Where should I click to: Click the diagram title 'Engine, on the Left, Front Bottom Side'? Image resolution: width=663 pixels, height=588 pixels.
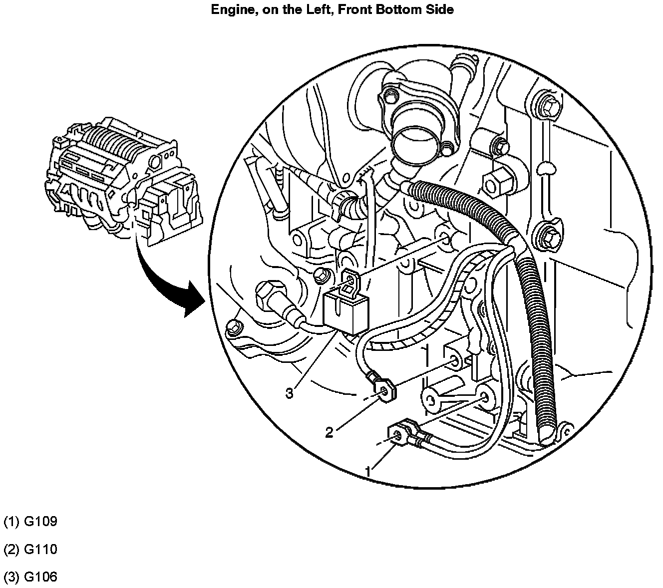pos(332,9)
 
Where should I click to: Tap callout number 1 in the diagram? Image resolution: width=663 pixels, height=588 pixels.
pos(368,471)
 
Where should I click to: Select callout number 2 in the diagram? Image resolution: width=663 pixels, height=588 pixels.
pos(329,432)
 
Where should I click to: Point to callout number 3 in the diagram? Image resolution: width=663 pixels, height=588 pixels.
pos(290,393)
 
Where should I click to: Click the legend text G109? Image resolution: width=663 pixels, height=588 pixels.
pos(40,522)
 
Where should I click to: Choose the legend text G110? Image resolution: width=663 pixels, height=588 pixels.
pos(40,550)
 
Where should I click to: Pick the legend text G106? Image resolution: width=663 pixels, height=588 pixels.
pos(40,578)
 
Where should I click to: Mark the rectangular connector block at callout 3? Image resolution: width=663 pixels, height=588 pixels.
pos(346,312)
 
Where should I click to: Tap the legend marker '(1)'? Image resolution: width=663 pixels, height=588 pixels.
pos(11,522)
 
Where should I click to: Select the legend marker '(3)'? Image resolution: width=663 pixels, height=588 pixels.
pos(11,578)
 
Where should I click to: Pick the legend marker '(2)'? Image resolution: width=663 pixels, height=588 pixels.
pos(11,550)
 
